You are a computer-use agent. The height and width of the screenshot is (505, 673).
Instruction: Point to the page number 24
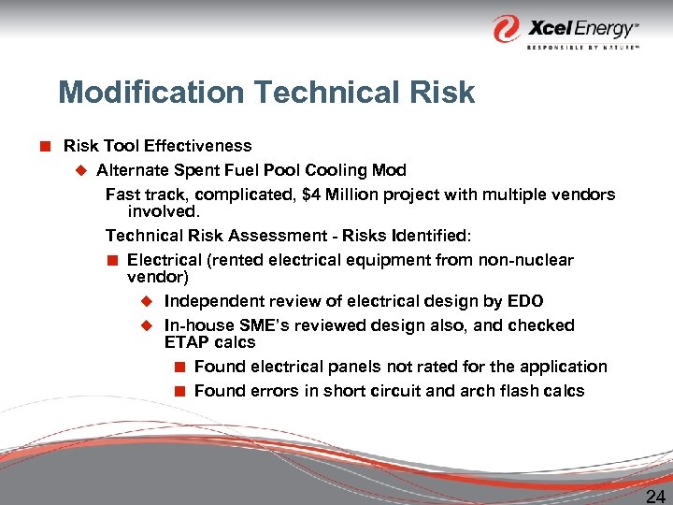click(655, 495)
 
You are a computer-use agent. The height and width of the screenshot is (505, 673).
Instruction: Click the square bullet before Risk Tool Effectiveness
click(44, 146)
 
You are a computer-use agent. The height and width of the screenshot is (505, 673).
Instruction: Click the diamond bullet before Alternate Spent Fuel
click(80, 170)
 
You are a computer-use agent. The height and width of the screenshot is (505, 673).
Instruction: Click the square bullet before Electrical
click(111, 260)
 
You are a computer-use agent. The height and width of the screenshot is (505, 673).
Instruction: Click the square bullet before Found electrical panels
click(179, 367)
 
